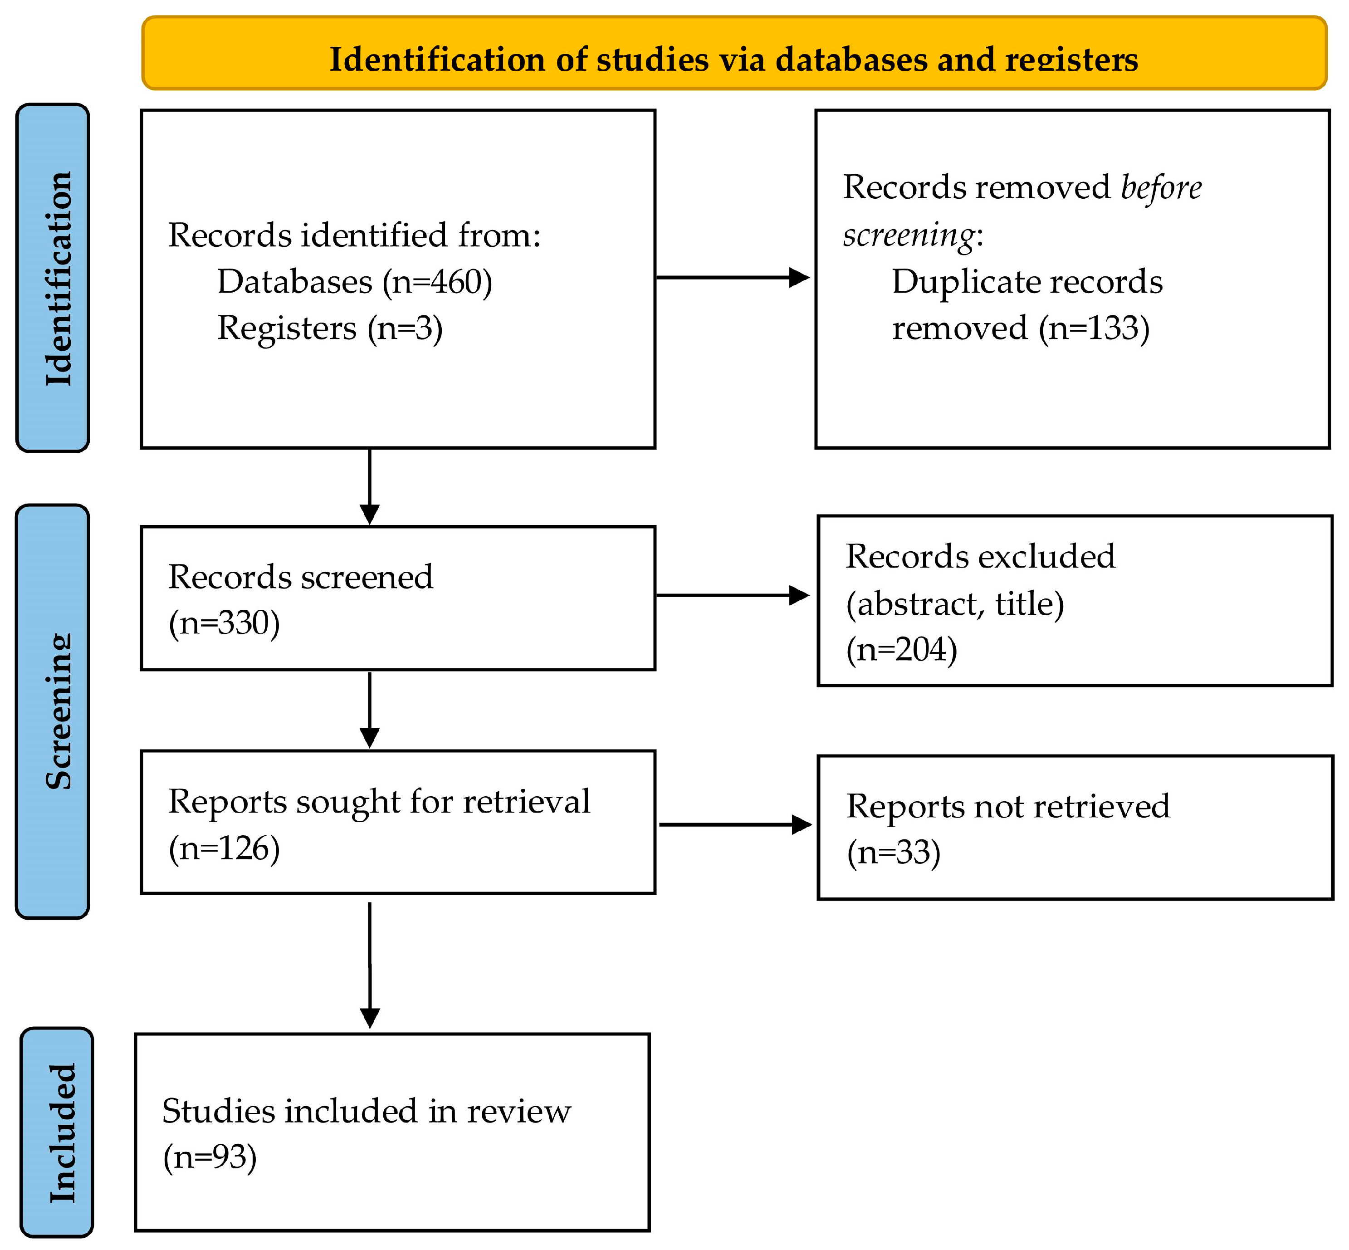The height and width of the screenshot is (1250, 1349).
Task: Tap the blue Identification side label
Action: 53,277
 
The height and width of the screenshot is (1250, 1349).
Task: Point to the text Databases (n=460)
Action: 354,282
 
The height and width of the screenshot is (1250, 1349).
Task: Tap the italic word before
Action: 1161,187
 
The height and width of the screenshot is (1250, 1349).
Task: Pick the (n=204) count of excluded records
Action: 901,649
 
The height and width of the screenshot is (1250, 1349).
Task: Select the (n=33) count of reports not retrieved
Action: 893,852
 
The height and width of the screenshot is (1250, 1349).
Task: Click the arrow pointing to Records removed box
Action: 733,277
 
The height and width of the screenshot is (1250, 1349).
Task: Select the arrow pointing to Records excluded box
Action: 733,595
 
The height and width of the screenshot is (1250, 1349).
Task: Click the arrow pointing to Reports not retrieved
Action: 736,824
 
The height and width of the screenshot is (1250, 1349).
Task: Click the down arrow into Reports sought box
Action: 369,710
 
